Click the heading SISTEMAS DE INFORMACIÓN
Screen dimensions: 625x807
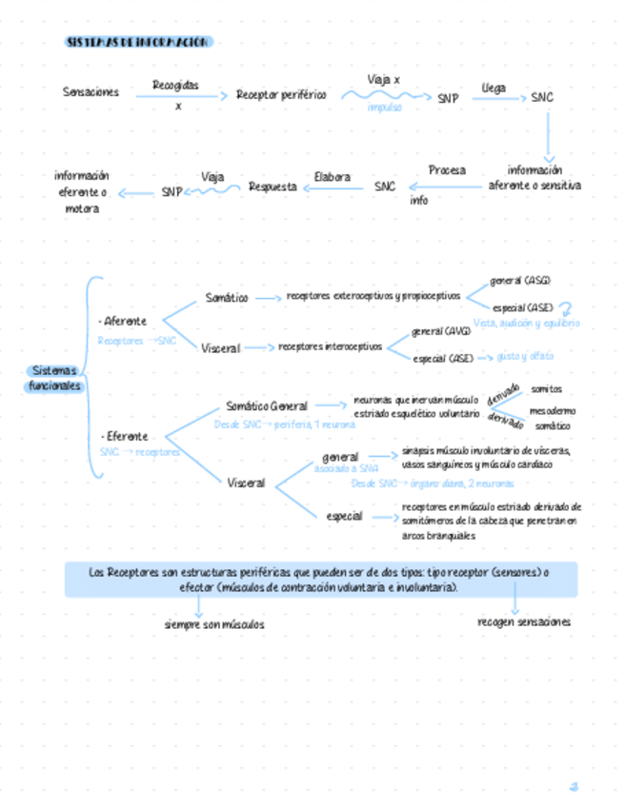coord(139,42)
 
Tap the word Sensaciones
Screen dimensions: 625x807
coord(91,92)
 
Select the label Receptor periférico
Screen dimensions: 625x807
coord(281,95)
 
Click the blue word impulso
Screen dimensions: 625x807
coord(385,108)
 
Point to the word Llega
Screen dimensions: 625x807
coord(494,87)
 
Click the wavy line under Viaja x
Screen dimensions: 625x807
coord(385,95)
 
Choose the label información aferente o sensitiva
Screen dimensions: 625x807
coord(534,178)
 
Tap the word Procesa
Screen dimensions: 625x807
coord(447,170)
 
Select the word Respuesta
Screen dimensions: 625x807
coord(272,187)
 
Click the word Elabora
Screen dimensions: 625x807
coord(333,177)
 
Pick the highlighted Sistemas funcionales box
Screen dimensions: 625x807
coord(54,378)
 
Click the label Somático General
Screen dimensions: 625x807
coord(267,406)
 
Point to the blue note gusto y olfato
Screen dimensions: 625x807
coord(525,356)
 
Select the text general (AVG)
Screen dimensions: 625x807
coord(441,331)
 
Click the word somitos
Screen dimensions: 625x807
coord(546,388)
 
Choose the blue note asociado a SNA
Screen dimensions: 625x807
coord(346,469)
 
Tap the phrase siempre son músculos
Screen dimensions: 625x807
coord(214,624)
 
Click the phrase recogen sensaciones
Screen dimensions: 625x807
coord(524,621)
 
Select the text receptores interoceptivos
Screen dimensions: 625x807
coord(330,346)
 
